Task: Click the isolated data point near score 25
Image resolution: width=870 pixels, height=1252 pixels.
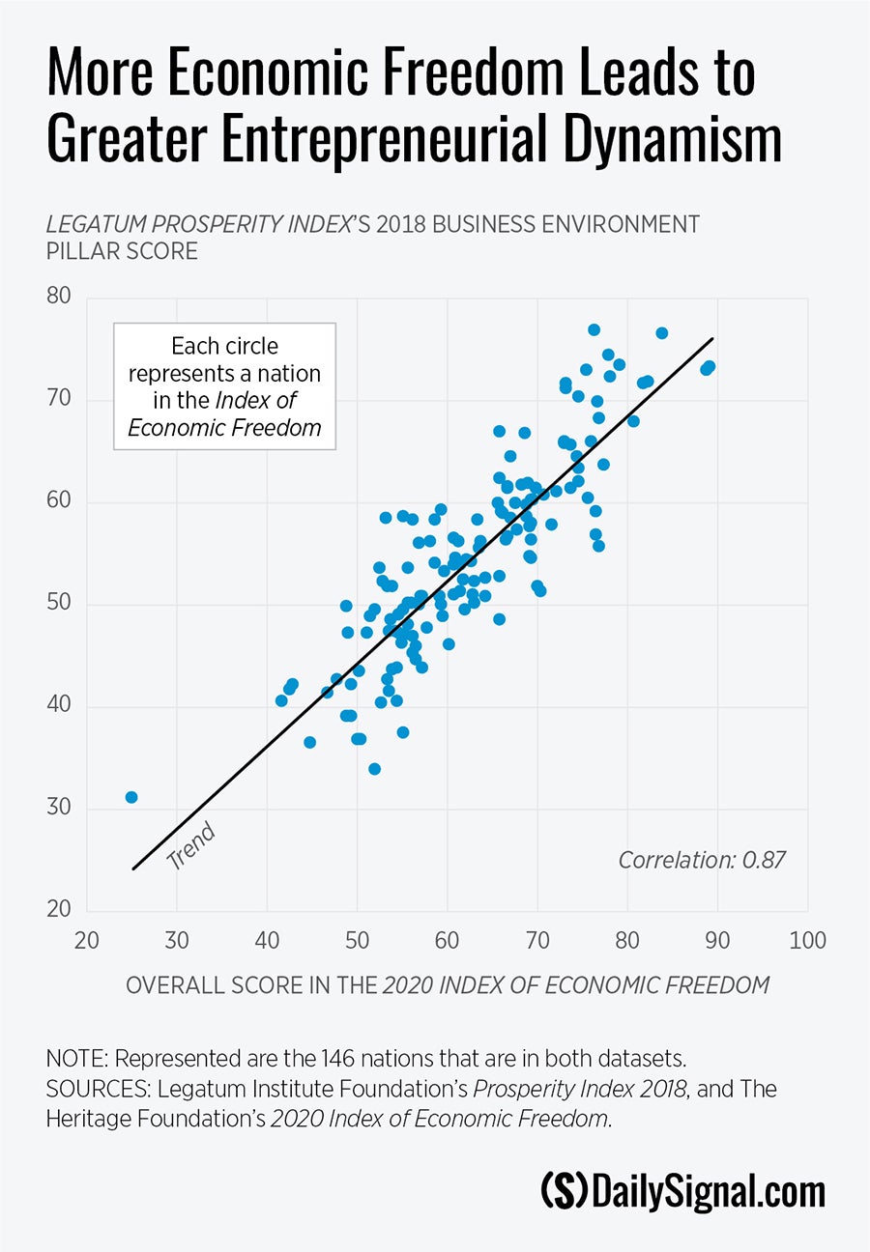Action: [x=131, y=797]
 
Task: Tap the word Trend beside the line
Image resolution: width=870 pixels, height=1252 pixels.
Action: [x=190, y=846]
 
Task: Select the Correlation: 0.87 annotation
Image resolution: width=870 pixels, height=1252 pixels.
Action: [x=701, y=859]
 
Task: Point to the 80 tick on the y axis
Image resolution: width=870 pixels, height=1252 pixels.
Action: [x=59, y=296]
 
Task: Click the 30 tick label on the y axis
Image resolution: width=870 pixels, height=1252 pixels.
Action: [x=59, y=808]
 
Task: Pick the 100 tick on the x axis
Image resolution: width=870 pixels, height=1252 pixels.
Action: [x=807, y=940]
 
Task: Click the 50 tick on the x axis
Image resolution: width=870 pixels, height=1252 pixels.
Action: [x=357, y=940]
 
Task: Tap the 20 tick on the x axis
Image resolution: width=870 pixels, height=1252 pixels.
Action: [x=86, y=940]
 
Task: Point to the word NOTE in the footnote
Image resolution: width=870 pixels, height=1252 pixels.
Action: [x=75, y=1056]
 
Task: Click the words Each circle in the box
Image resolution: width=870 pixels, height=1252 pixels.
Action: [x=224, y=346]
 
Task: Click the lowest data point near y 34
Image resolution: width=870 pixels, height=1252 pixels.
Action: [x=374, y=769]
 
